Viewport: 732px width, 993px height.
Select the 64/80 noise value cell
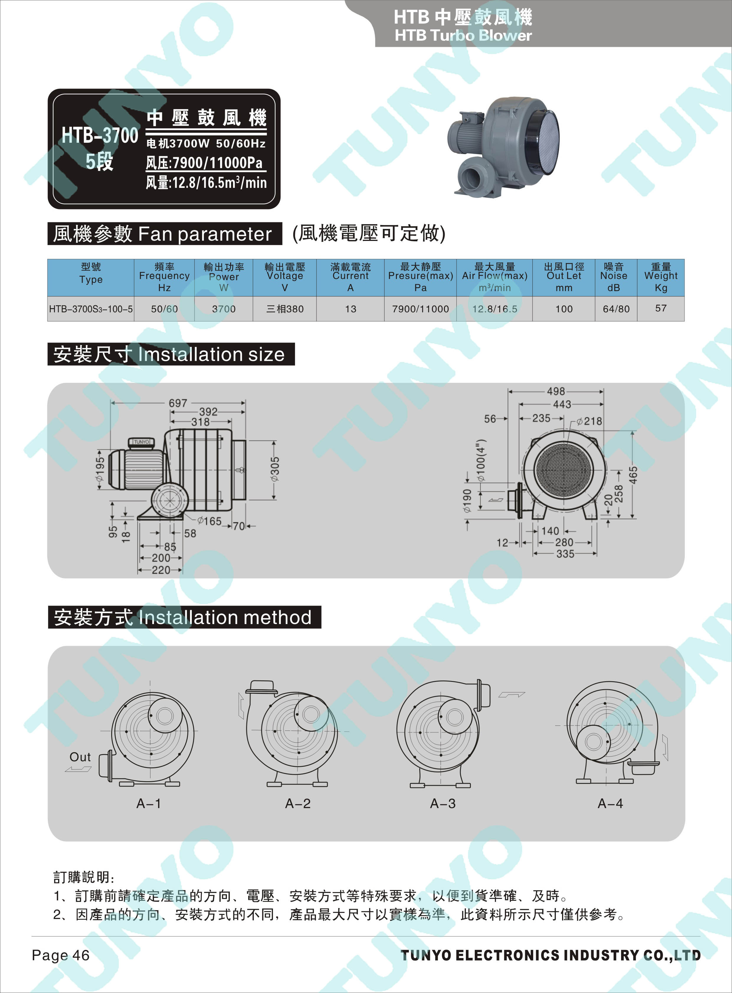pyautogui.click(x=616, y=309)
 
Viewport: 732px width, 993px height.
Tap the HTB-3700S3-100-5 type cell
pyautogui.click(x=91, y=309)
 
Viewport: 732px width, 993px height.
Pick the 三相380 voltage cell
pyautogui.click(x=285, y=309)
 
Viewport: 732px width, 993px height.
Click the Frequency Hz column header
pyautogui.click(x=164, y=277)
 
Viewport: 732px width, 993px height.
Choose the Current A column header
pyautogui.click(x=351, y=277)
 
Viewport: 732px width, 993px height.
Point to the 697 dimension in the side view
pyautogui.click(x=178, y=403)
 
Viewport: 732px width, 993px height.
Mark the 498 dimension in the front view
pyautogui.click(x=556, y=391)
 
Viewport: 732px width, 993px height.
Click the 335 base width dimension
pyautogui.click(x=565, y=554)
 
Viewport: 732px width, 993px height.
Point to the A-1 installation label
pyautogui.click(x=149, y=803)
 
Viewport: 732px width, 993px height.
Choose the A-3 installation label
pyautogui.click(x=443, y=803)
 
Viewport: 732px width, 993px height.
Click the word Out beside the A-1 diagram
pyautogui.click(x=80, y=757)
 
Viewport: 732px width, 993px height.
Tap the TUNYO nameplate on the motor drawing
pyautogui.click(x=141, y=441)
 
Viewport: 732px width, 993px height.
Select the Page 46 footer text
pyautogui.click(x=61, y=955)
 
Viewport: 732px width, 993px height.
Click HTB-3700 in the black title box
pyautogui.click(x=100, y=135)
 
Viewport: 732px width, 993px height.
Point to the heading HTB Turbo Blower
pyautogui.click(x=463, y=35)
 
